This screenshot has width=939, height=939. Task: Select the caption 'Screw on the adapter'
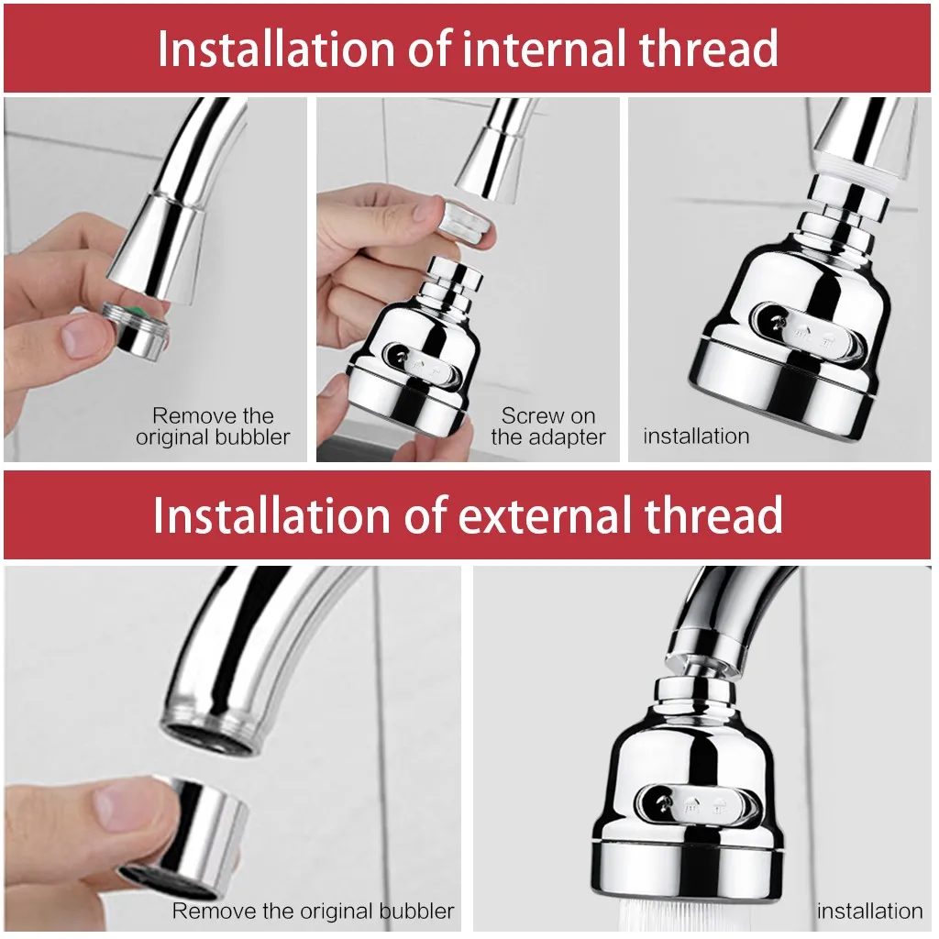[548, 427]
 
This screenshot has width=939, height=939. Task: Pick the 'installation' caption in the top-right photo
[696, 436]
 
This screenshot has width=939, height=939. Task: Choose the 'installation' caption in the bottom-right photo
[869, 911]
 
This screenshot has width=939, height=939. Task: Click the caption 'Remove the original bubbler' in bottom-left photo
[313, 911]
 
